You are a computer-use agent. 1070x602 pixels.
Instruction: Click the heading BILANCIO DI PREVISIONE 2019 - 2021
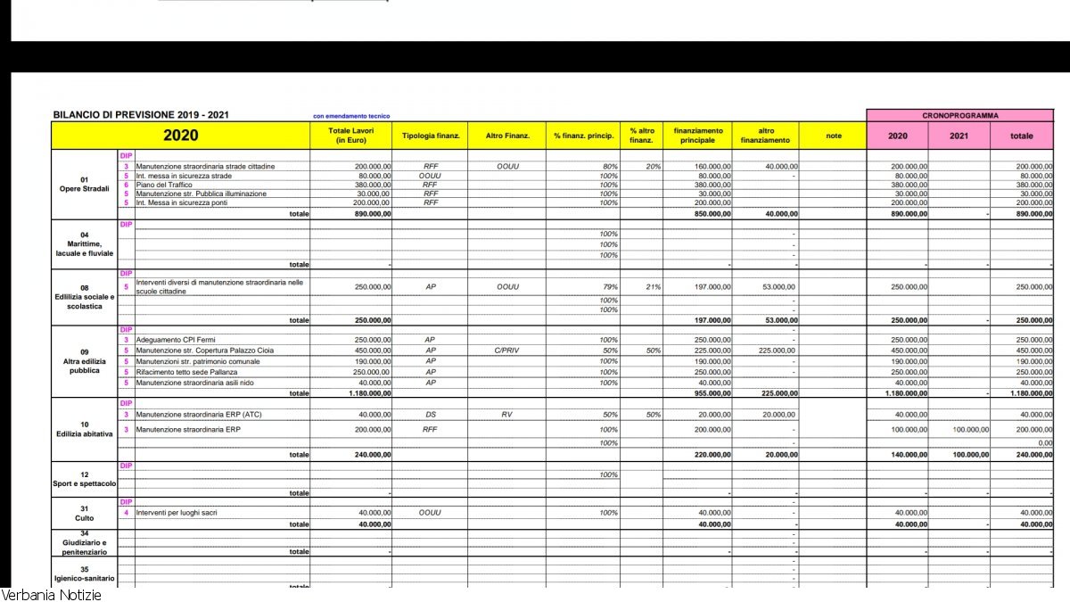[x=141, y=115]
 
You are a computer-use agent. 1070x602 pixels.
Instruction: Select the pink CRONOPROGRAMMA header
[x=959, y=115]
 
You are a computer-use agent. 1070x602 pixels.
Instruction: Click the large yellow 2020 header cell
[x=180, y=136]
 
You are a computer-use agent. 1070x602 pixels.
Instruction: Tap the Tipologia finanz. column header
[x=431, y=136]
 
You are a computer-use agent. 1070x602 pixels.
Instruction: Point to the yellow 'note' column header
[x=833, y=136]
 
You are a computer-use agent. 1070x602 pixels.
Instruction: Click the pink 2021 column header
[x=959, y=136]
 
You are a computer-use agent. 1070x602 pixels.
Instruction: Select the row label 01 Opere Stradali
[x=85, y=184]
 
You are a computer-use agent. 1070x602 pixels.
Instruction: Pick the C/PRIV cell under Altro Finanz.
[x=506, y=350]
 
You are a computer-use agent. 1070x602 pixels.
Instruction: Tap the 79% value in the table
[x=610, y=286]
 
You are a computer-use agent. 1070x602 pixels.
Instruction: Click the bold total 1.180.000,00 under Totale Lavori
[x=366, y=393]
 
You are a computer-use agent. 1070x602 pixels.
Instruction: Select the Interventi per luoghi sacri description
[x=176, y=513]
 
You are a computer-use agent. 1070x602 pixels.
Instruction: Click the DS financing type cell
[x=431, y=415]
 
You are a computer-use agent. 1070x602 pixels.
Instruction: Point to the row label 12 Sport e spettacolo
[x=85, y=479]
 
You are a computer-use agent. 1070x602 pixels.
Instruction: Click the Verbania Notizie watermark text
[x=51, y=594]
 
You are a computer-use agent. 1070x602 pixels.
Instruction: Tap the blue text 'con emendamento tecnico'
[x=351, y=116]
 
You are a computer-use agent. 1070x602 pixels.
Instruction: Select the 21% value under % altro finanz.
[x=654, y=286]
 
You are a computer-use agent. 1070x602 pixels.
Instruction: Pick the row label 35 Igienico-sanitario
[x=85, y=573]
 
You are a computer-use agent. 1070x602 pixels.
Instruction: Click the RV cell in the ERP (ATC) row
[x=506, y=415]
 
